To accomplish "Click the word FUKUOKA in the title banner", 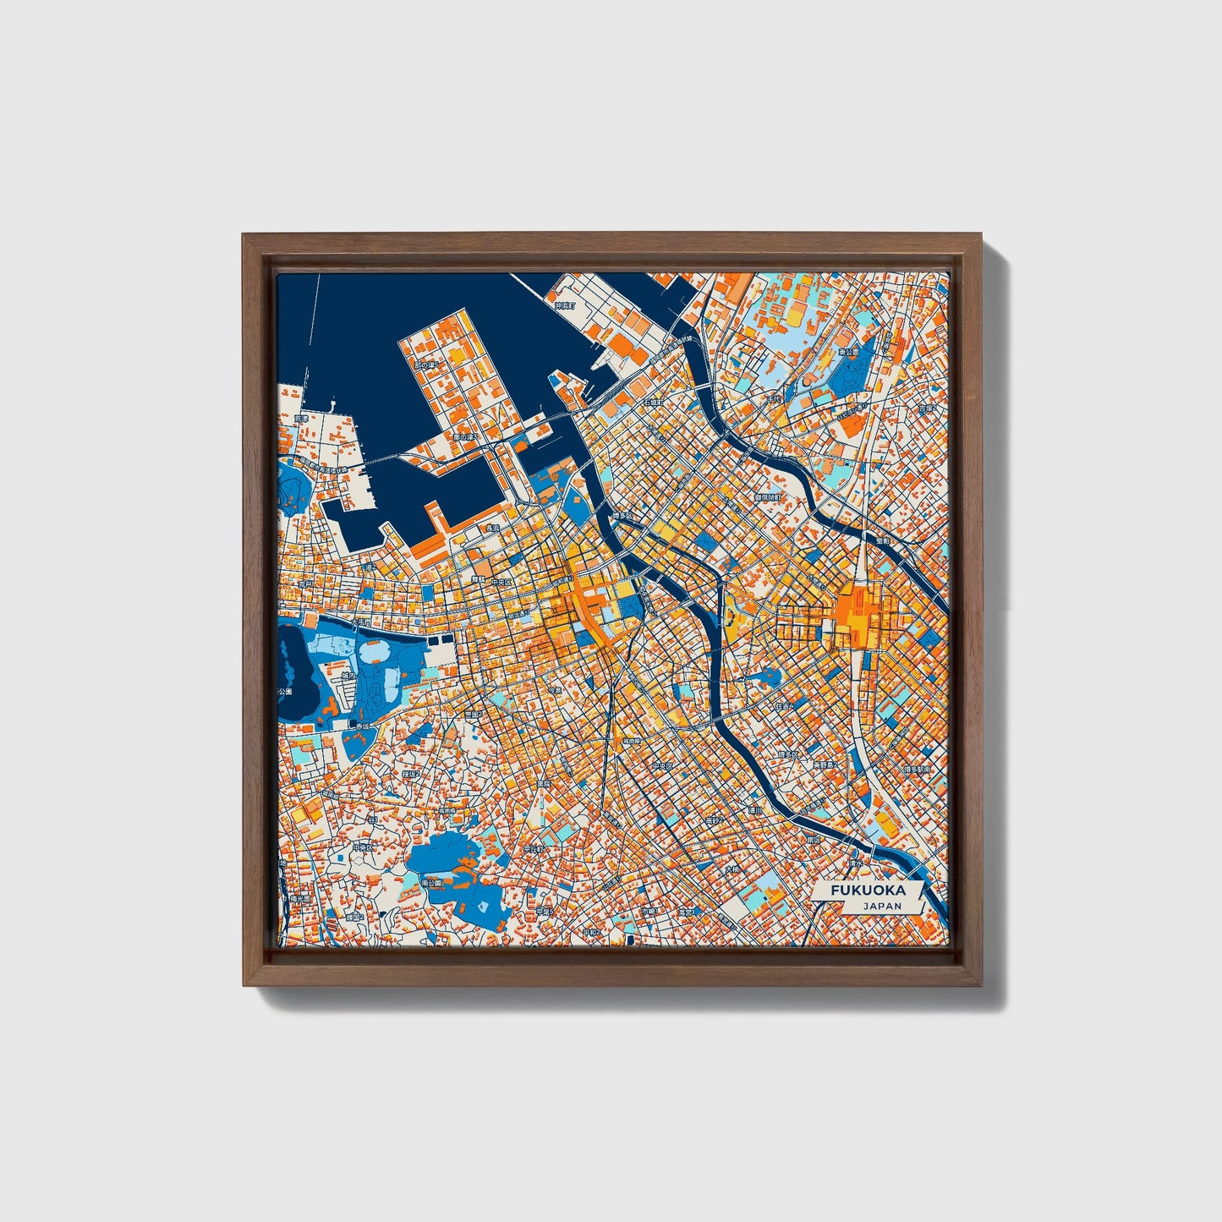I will point(868,890).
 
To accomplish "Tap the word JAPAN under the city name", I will point(882,906).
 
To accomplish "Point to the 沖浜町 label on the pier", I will point(563,305).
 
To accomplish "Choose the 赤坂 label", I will point(363,726).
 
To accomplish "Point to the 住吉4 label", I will point(784,705).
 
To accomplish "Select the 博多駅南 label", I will point(915,770).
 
